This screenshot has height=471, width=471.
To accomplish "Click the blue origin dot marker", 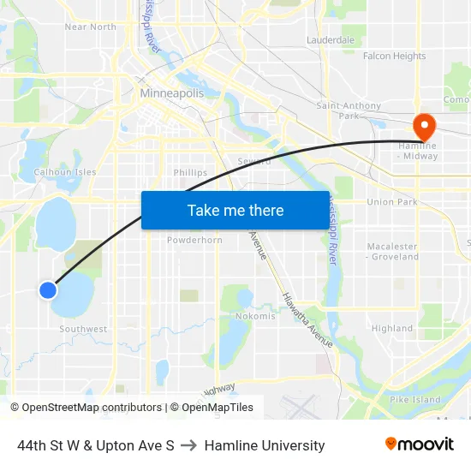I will point(48,290).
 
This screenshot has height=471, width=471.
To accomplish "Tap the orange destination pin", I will point(424,127).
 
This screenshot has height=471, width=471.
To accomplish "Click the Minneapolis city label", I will point(171,92).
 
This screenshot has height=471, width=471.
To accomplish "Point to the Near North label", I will point(90,27).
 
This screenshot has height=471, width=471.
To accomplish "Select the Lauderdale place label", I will point(331,40).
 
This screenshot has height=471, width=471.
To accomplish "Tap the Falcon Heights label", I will point(394,57).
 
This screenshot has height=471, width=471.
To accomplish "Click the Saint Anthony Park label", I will point(349,110).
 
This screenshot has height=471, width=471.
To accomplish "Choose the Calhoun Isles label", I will point(64,172).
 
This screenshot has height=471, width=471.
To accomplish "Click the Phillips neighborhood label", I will point(190,172).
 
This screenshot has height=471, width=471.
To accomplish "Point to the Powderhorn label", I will point(194,240).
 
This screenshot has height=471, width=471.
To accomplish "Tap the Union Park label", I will point(391,202).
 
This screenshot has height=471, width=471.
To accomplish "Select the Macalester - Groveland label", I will point(392,252).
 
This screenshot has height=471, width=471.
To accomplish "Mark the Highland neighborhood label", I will point(392,328).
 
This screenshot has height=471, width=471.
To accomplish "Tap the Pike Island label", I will point(415,399).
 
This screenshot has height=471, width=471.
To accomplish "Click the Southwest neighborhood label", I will point(83,329).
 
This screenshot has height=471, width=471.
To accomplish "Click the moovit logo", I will point(419,444).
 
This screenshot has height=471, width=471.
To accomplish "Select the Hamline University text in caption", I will point(265,445).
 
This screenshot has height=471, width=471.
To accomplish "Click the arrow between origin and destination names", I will point(189,445).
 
